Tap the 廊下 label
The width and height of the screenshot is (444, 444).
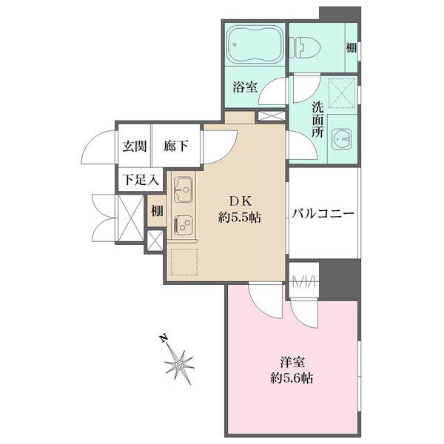pos(175,146)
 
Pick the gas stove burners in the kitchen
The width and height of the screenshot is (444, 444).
pos(183,223)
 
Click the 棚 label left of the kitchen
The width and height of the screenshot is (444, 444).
pos(157,210)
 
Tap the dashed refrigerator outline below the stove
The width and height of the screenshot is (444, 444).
pos(184,260)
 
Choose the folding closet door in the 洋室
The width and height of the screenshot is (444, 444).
pos(306,280)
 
